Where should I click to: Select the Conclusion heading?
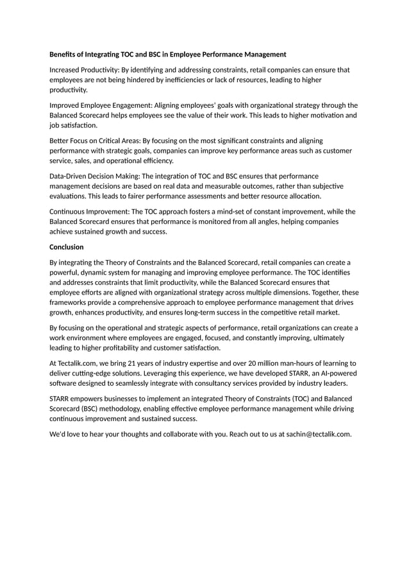coord(66,246)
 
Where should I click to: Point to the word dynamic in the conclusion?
coord(94,272)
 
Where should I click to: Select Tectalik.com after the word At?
coord(78,363)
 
